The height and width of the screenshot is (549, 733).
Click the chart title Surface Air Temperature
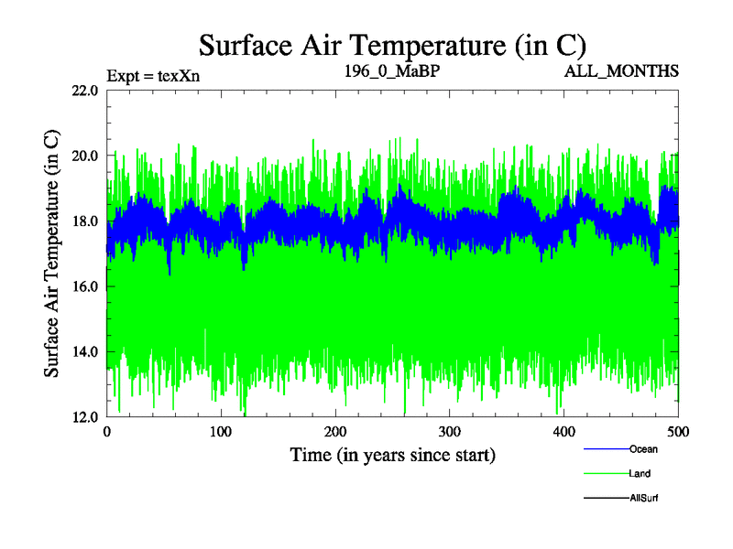(392, 44)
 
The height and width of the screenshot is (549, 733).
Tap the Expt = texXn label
(153, 75)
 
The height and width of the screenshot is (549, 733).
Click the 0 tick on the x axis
(107, 432)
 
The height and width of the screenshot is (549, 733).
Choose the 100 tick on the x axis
(221, 432)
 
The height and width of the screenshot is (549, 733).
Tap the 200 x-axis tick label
(335, 432)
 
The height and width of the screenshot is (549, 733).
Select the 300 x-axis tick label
(449, 432)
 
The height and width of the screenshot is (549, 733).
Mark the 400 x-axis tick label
(563, 432)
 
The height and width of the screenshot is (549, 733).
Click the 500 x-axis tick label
(678, 432)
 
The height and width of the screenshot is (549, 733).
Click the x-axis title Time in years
(392, 454)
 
